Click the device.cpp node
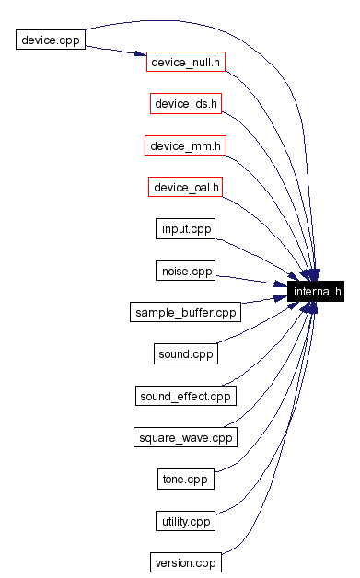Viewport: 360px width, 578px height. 51,40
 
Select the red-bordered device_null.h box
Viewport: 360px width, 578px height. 186,62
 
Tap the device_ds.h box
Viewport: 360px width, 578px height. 186,104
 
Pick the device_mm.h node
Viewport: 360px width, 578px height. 186,145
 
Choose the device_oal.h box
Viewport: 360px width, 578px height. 186,187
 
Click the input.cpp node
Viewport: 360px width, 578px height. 186,228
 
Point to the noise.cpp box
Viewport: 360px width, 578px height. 186,271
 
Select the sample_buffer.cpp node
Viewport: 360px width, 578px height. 186,312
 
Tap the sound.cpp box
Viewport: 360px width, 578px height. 186,353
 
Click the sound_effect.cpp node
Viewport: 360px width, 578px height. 186,396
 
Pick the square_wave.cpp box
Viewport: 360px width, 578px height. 186,437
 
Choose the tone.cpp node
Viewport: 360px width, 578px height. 186,479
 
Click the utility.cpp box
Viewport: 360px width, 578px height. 186,521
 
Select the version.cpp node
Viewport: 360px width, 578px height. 186,562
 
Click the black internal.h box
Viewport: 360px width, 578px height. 317,292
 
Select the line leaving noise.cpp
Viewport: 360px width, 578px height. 249,280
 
